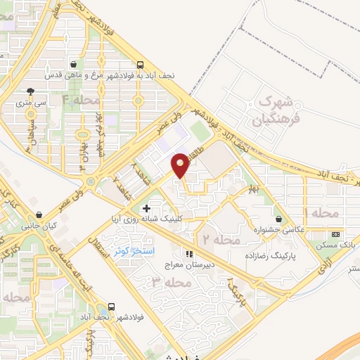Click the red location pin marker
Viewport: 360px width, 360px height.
coord(181,166)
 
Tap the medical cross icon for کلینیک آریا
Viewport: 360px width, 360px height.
coord(146,209)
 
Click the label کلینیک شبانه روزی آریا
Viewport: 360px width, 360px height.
coord(148,219)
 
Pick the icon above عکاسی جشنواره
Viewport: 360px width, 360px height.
coord(280,219)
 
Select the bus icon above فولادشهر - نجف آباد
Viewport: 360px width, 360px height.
coord(110,307)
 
